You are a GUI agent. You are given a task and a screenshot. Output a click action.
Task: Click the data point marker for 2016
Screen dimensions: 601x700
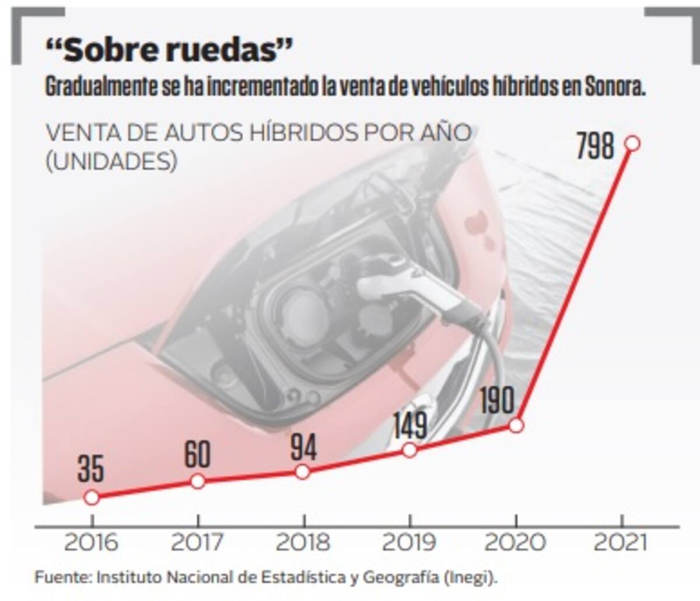92,497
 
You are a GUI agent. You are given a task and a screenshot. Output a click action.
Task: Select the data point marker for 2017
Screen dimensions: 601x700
198,481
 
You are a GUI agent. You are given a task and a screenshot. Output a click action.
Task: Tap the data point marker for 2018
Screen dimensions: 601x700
302,471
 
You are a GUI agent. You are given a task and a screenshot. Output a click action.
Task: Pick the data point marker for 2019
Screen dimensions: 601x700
409,450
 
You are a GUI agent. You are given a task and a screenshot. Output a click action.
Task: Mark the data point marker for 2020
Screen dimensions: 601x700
516,425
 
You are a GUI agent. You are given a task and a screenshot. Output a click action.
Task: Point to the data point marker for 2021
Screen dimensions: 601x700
632,143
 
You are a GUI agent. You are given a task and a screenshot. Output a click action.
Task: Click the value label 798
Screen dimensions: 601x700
596,146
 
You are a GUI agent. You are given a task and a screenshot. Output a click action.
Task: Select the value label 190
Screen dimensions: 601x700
497,400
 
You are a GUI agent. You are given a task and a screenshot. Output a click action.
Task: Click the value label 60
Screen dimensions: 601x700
198,455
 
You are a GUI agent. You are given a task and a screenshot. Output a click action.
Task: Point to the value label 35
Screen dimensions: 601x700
91,470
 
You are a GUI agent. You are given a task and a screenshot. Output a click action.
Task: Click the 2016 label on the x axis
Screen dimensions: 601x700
91,543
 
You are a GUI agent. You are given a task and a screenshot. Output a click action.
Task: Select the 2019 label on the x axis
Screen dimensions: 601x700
408,543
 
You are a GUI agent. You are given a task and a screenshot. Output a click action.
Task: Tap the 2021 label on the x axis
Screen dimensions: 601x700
621,543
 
